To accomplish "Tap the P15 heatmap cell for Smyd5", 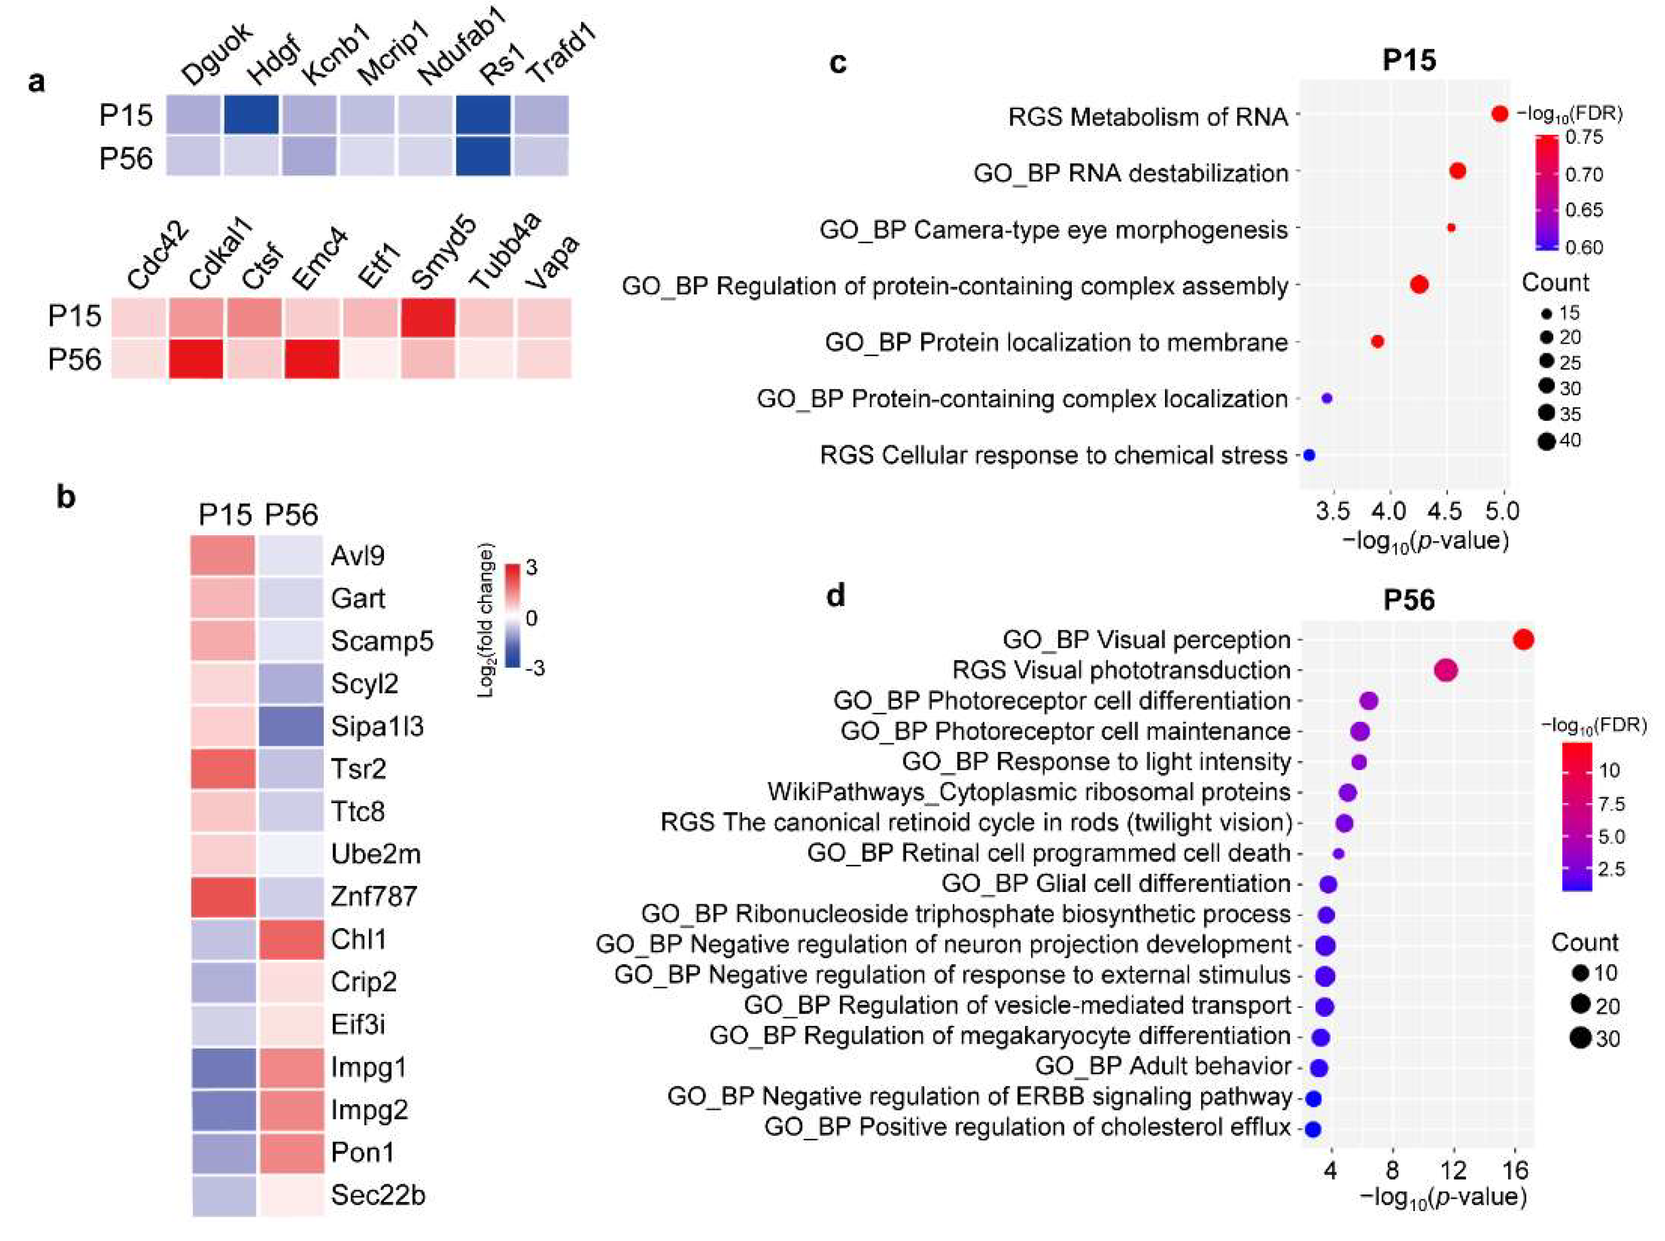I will pyautogui.click(x=427, y=316).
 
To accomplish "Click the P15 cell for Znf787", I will pyautogui.click(x=223, y=897).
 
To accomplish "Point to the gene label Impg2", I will pyautogui.click(x=369, y=1109).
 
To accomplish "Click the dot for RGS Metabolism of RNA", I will pyautogui.click(x=1499, y=114).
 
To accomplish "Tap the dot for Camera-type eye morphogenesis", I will pyautogui.click(x=1451, y=228).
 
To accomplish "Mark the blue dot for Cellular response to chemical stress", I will pyautogui.click(x=1309, y=455).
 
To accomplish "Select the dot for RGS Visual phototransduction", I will pyautogui.click(x=1446, y=670).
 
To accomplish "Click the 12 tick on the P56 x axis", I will pyautogui.click(x=1454, y=1170).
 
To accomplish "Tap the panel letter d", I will pyautogui.click(x=835, y=595).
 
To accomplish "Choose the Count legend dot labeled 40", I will pyautogui.click(x=1546, y=441).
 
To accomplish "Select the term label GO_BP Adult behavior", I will pyautogui.click(x=1163, y=1066).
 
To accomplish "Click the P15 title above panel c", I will pyautogui.click(x=1409, y=60).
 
